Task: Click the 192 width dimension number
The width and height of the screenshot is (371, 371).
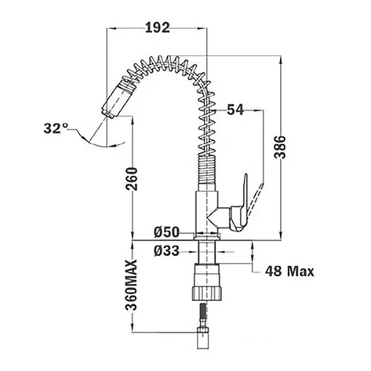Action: (157, 27)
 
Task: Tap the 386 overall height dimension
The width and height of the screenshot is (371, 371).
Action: (280, 147)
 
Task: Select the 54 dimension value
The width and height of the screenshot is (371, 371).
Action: (235, 110)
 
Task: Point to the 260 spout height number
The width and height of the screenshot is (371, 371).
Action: (132, 179)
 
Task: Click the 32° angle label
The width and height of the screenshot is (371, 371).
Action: (56, 128)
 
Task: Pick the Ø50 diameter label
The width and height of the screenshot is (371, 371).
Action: (166, 232)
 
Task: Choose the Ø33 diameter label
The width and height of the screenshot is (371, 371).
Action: (166, 251)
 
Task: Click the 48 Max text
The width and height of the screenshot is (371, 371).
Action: (289, 271)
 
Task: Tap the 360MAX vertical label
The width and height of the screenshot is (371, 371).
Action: (131, 285)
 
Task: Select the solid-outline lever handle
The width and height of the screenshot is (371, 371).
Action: (239, 205)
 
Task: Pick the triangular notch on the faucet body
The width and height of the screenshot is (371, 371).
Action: (213, 217)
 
